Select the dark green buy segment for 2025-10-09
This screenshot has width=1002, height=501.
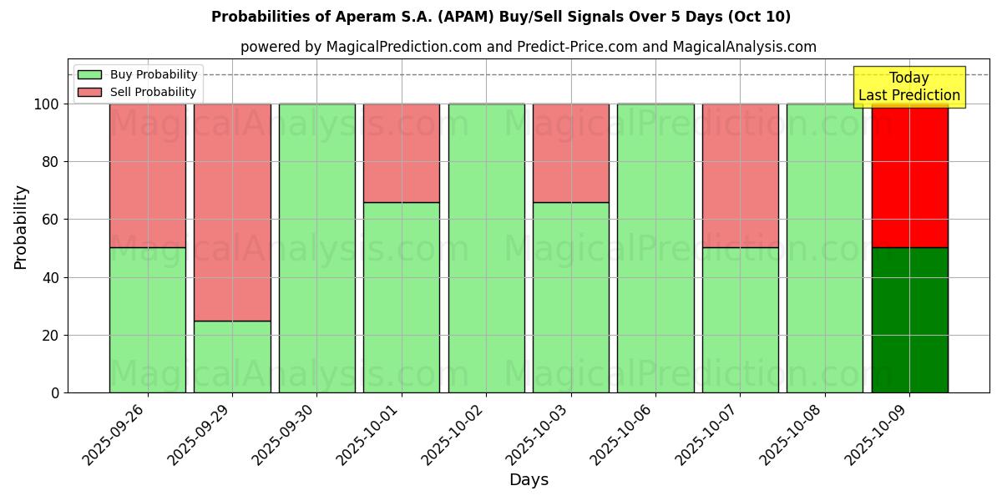pyautogui.click(x=909, y=320)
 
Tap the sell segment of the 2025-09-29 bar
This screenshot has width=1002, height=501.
pyautogui.click(x=232, y=212)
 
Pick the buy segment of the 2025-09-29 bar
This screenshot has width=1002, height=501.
pyautogui.click(x=232, y=357)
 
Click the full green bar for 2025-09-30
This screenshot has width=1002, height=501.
pyautogui.click(x=316, y=248)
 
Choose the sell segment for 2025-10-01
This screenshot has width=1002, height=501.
pyautogui.click(x=402, y=153)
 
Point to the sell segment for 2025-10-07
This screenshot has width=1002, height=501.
pyautogui.click(x=740, y=175)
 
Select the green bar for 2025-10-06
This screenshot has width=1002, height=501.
pyautogui.click(x=655, y=248)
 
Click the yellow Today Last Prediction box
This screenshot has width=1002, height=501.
pyautogui.click(x=909, y=87)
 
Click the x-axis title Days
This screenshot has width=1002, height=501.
pyautogui.click(x=529, y=480)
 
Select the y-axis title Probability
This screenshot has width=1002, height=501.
pyautogui.click(x=21, y=227)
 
